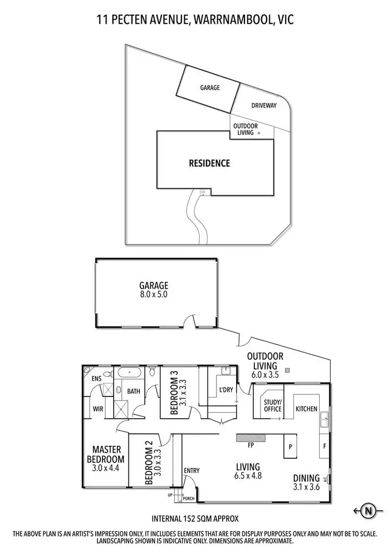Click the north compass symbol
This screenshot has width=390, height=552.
pyautogui.click(x=369, y=510)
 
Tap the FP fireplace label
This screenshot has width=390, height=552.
pyautogui.click(x=251, y=445)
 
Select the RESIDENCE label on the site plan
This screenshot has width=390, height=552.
pyautogui.click(x=209, y=163)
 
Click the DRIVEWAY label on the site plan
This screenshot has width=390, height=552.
pyautogui.click(x=264, y=105)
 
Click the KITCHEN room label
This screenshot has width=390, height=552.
pyautogui.click(x=306, y=409)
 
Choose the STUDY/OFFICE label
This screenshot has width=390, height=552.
pyautogui.click(x=272, y=405)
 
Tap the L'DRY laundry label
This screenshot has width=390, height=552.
pyautogui.click(x=226, y=390)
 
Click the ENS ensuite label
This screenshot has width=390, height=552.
pyautogui.click(x=97, y=379)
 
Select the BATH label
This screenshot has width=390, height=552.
pyautogui.click(x=134, y=391)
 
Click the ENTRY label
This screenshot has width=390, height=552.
pyautogui.click(x=191, y=471)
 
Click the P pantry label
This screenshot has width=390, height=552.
pyautogui.click(x=290, y=446)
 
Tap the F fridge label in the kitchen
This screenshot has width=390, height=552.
pyautogui.click(x=324, y=446)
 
